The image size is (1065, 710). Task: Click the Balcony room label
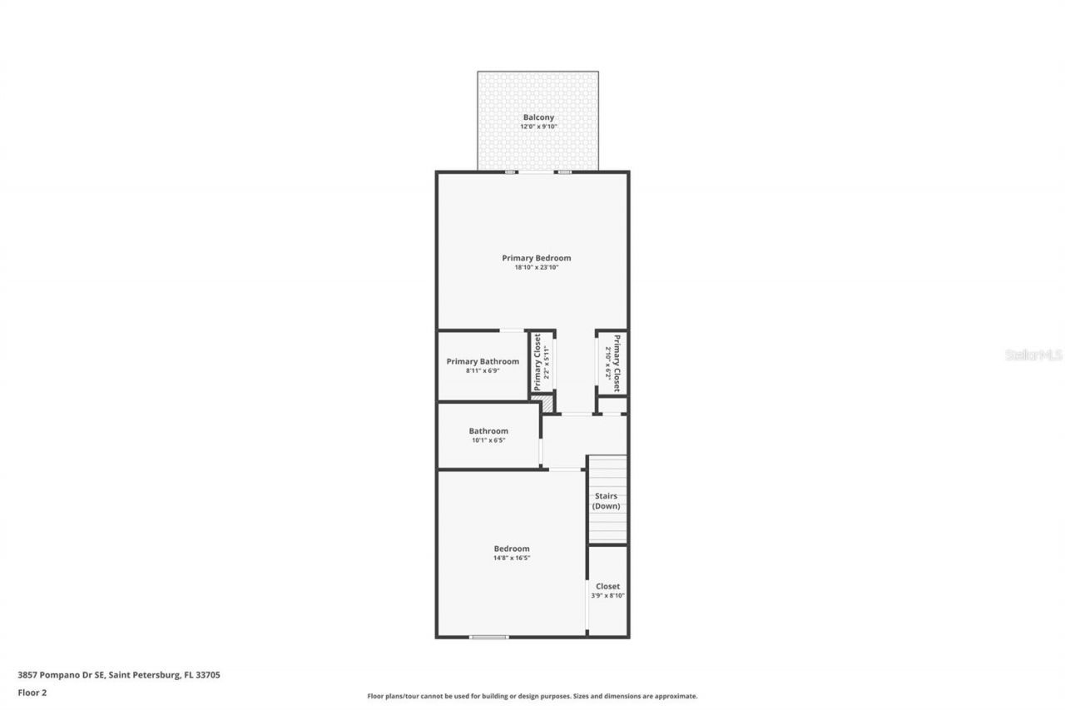click(537, 117)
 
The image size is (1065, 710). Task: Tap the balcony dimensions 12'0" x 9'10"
click(537, 127)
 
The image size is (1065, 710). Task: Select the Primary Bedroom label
click(536, 258)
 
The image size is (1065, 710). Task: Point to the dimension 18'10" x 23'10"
click(536, 267)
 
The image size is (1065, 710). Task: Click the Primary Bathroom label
click(483, 361)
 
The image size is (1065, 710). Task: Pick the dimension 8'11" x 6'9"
click(483, 370)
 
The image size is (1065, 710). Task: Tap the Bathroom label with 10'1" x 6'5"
click(488, 431)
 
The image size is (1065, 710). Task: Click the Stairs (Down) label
click(607, 501)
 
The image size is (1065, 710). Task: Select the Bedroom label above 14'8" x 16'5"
click(512, 549)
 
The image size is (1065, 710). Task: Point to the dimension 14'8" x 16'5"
click(512, 558)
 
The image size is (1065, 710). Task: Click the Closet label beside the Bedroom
click(607, 586)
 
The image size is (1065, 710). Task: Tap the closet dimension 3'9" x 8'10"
click(607, 595)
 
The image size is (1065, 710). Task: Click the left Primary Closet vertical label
click(537, 362)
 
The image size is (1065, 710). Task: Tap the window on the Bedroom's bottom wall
click(488, 637)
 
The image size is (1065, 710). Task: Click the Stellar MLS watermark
click(1033, 355)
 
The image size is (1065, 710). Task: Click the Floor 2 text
click(32, 692)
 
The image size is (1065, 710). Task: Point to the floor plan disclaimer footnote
click(532, 696)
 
